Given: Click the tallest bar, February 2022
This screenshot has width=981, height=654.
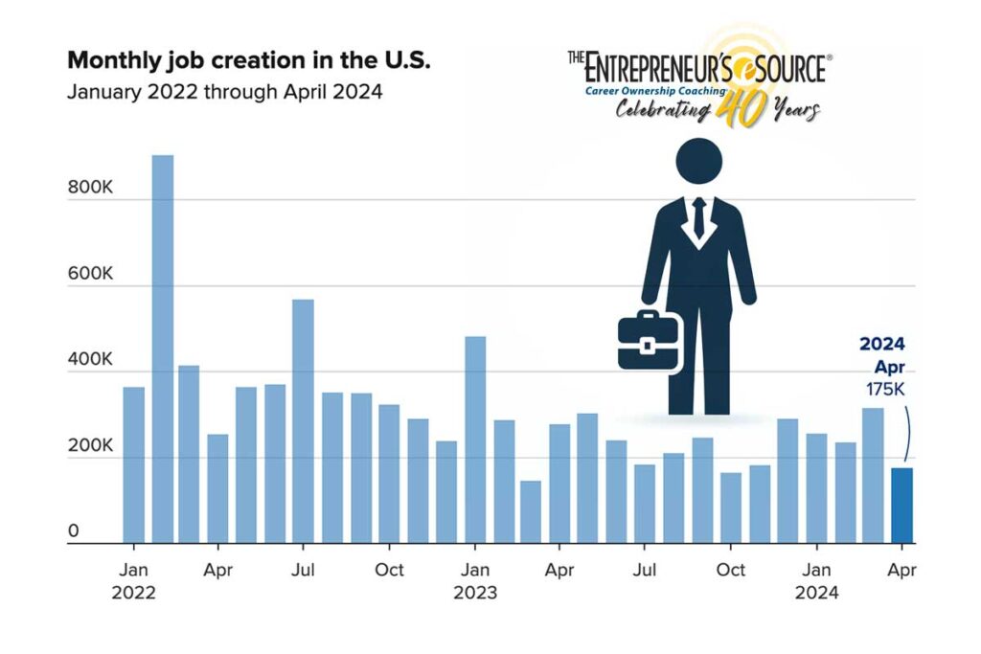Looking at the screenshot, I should [163, 350].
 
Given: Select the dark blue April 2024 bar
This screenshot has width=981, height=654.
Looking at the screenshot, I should [901, 506].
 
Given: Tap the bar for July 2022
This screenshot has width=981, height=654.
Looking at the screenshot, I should [304, 421].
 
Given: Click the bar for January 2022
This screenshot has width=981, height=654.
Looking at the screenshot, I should [134, 465].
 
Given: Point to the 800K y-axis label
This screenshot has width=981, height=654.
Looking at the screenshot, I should [90, 188].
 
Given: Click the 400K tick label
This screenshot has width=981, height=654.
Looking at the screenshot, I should [90, 360].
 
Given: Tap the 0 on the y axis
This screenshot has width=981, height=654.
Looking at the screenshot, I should [73, 531].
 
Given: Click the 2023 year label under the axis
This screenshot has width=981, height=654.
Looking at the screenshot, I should [475, 593].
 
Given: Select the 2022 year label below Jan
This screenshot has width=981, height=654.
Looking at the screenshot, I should [134, 593].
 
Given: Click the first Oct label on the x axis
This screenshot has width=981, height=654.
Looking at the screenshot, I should [390, 571].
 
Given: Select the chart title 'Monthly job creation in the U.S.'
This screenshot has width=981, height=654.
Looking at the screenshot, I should [249, 60].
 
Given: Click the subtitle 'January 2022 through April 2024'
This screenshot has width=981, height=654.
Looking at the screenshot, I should [225, 93].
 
